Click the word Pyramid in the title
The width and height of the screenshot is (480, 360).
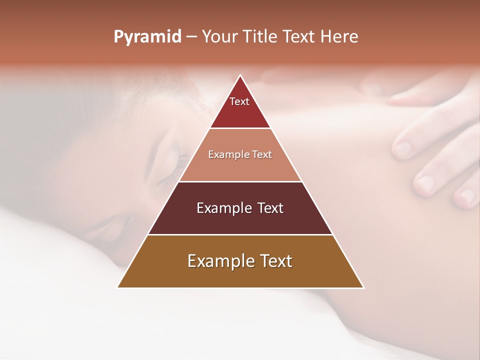(147, 37)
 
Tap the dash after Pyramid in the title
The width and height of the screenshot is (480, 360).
(191, 37)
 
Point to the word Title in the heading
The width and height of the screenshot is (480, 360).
(261, 37)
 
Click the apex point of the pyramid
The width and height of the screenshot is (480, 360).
(240, 75)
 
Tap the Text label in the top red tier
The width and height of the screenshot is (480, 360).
(239, 101)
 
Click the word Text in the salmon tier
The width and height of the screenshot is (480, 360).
(262, 155)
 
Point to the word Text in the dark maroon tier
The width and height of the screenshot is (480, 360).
(270, 208)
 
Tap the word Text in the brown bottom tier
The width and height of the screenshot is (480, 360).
(275, 261)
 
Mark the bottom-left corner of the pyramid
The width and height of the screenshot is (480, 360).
(118, 287)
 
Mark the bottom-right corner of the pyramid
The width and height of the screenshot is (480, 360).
(363, 287)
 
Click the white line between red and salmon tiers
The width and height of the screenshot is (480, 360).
(240, 128)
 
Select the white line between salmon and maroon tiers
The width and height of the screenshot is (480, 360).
(240, 181)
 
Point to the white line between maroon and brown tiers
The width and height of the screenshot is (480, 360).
(240, 234)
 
